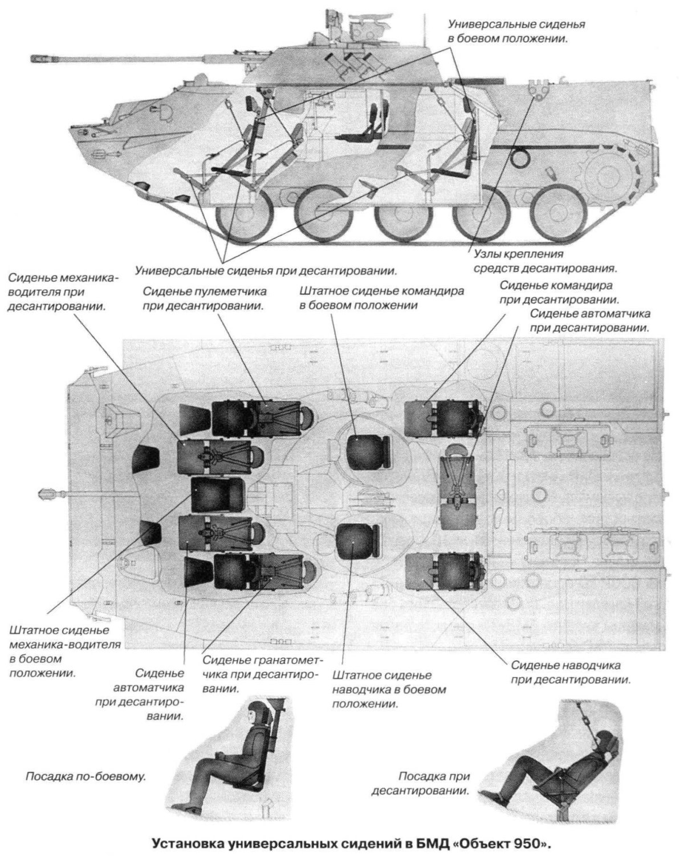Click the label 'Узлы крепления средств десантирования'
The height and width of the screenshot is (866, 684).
click(545, 260)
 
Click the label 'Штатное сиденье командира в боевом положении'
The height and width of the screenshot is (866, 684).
click(381, 298)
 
